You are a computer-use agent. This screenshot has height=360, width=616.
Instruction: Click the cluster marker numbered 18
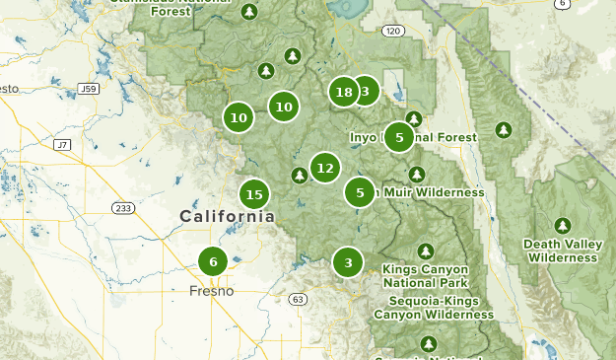[x=343, y=93]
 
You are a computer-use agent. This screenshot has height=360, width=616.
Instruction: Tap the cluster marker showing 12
[x=325, y=169]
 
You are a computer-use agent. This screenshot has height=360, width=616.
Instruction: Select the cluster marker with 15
[x=254, y=194]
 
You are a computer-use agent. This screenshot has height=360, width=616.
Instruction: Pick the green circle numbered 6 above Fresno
[x=213, y=261]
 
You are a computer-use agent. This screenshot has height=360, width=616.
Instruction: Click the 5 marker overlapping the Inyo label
[x=399, y=137]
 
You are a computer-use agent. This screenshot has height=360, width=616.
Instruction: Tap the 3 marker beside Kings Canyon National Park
[x=348, y=262]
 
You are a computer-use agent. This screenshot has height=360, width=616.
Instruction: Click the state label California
[x=227, y=216]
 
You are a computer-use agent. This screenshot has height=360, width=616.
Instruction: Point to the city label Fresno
[x=212, y=291]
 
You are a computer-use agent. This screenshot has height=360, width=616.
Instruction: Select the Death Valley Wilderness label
[x=562, y=251]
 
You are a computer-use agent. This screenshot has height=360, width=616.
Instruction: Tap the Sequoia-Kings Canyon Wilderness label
[x=434, y=308]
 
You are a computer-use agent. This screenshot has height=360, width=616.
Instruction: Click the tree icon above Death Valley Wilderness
[x=563, y=225]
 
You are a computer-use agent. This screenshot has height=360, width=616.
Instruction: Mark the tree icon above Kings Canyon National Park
[x=426, y=251]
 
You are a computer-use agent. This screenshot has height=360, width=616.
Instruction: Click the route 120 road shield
[x=393, y=32]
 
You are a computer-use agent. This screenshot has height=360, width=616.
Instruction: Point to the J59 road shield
[x=89, y=89]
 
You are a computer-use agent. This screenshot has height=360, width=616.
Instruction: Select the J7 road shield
[x=62, y=145]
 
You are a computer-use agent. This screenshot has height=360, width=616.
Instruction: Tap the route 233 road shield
[x=123, y=208]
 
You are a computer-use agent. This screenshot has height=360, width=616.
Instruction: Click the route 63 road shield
[x=299, y=299]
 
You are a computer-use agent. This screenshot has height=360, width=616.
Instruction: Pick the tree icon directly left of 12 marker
[x=300, y=176]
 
